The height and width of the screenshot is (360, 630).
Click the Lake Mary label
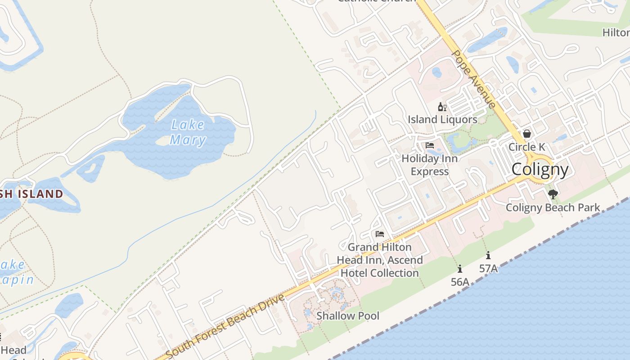point(188,132)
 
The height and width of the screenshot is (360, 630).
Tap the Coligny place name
point(540,169)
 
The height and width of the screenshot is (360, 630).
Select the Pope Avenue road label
point(474,79)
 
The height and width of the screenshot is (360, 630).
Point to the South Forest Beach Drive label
point(225,325)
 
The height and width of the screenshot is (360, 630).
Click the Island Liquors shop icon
point(442,107)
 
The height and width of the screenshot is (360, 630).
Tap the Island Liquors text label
point(442,119)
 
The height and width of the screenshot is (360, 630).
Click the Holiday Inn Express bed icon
point(430,145)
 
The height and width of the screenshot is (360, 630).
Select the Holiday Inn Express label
point(429,165)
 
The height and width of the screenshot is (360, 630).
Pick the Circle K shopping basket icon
point(526,134)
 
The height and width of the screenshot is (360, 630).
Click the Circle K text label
point(526,147)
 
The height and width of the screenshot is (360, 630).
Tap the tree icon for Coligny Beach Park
point(553,194)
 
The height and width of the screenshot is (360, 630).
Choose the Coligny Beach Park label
point(553,207)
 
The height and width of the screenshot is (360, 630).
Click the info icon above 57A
point(488,255)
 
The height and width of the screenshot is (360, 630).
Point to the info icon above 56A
point(459,269)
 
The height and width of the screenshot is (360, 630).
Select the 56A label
point(460,282)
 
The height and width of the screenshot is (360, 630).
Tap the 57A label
point(488,268)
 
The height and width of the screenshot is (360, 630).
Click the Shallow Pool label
point(348,316)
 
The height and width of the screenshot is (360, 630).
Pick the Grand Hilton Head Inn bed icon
point(380,234)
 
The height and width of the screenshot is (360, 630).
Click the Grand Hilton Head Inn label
point(380,260)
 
